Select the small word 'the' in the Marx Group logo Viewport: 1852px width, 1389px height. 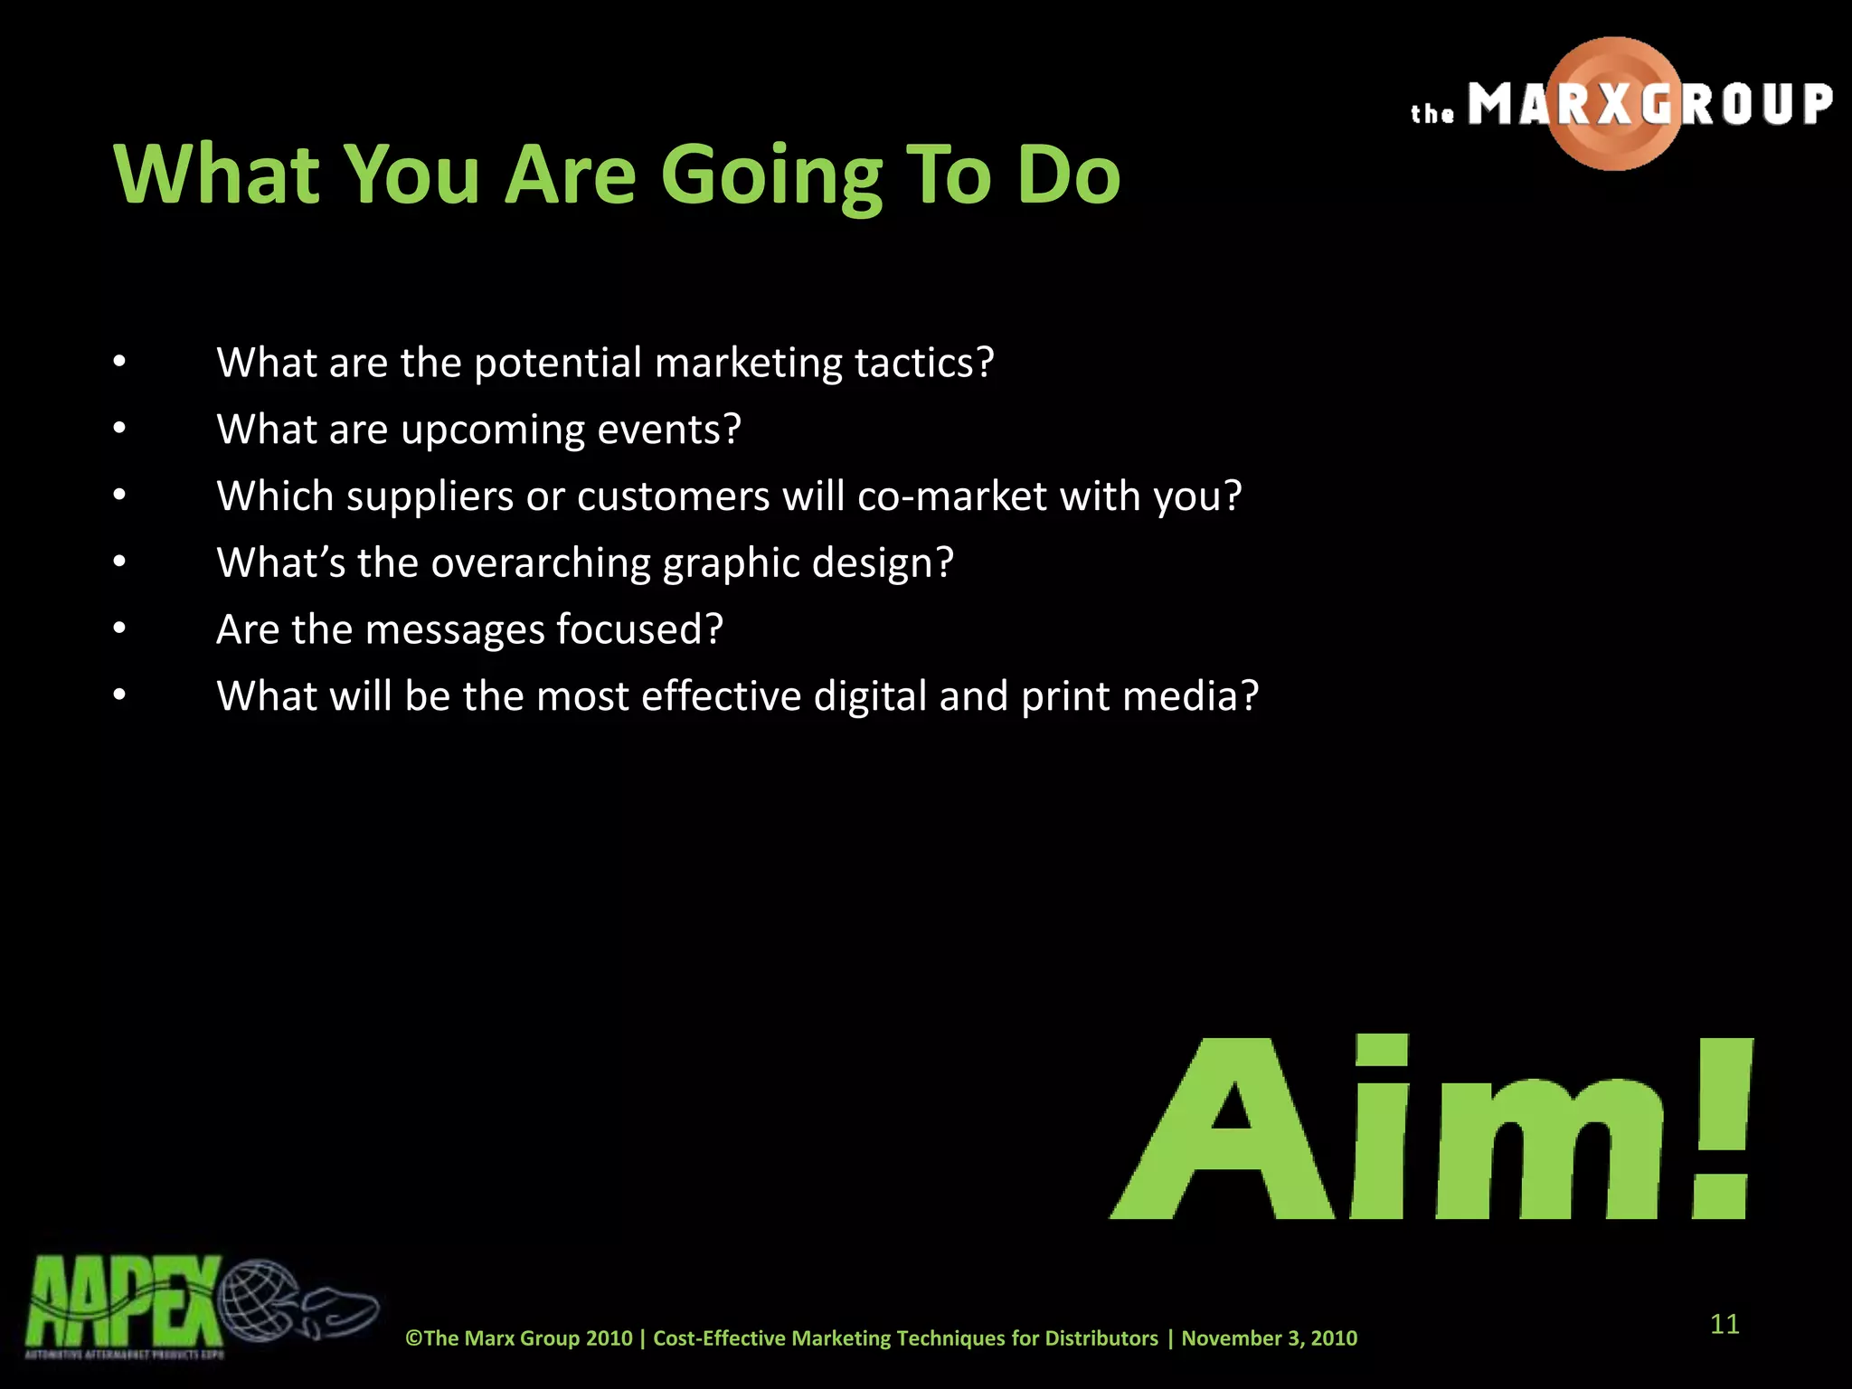pyautogui.click(x=1432, y=114)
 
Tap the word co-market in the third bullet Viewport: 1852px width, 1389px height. pyautogui.click(x=952, y=496)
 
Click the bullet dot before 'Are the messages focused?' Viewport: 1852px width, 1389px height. pyautogui.click(x=119, y=628)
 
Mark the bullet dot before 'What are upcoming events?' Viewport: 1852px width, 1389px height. pyautogui.click(x=119, y=429)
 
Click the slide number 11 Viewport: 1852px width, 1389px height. pyautogui.click(x=1724, y=1325)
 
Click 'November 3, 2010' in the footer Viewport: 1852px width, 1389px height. pyautogui.click(x=1269, y=1338)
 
